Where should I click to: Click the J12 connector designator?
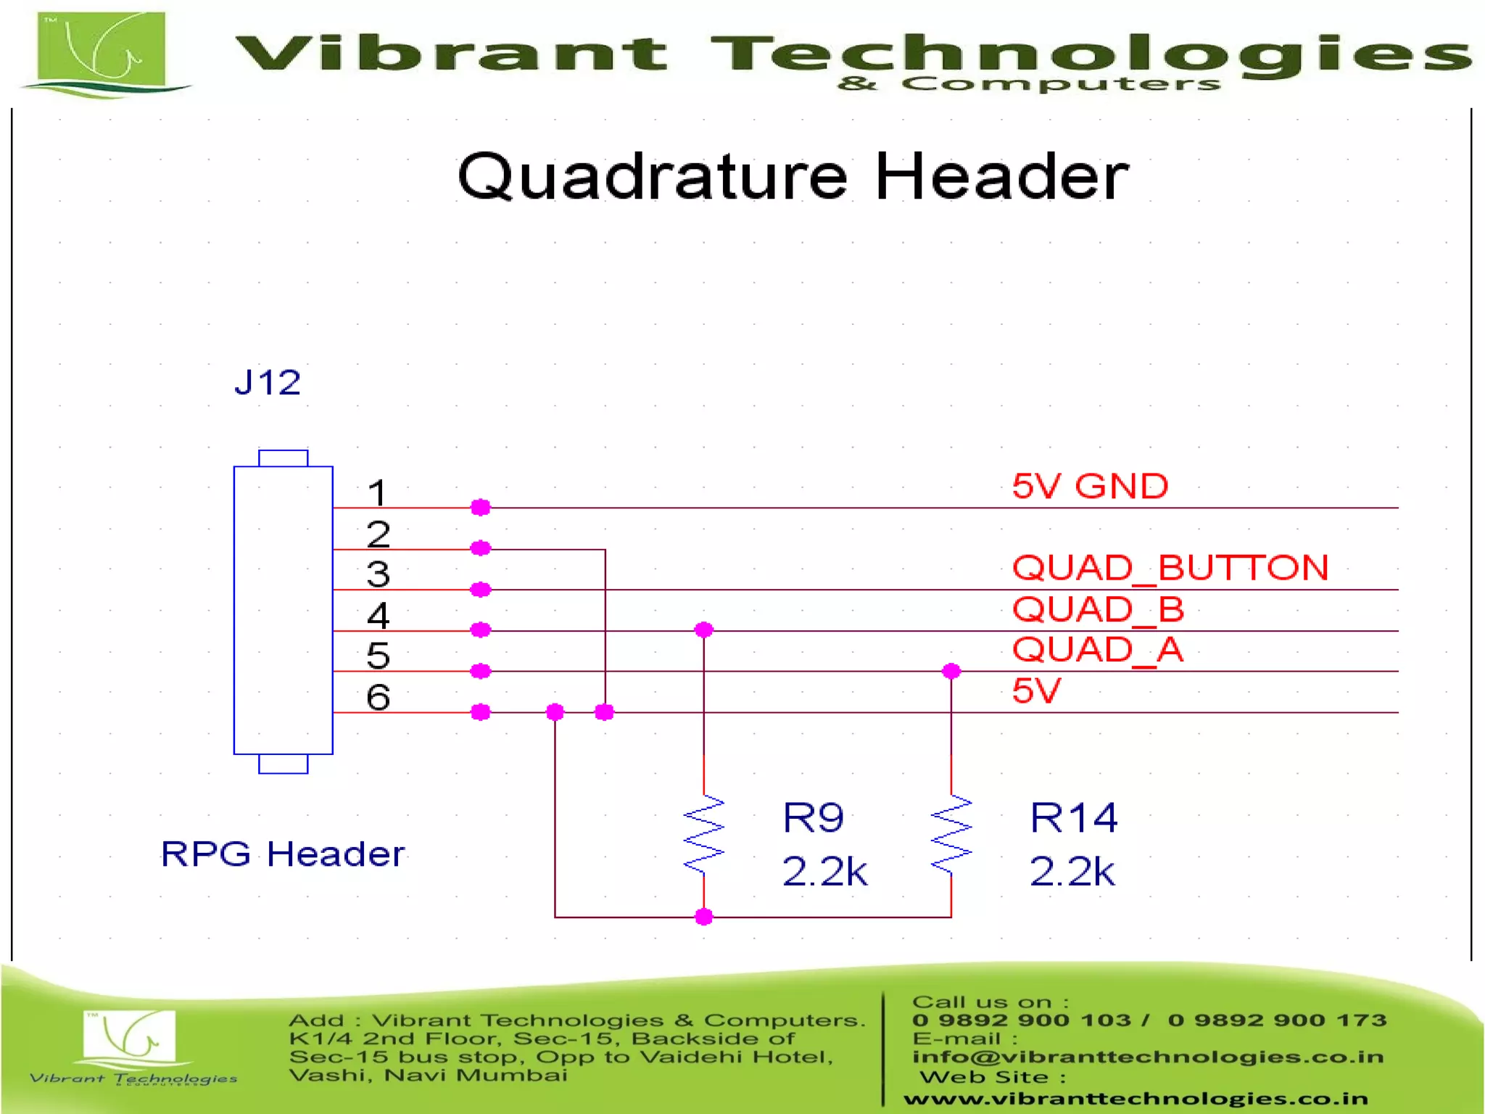[x=268, y=382]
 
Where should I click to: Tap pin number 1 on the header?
[x=377, y=493]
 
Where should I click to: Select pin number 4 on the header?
[x=378, y=616]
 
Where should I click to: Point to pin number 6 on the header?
[x=378, y=697]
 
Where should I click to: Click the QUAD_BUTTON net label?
[x=1170, y=567]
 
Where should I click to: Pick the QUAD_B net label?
[x=1098, y=608]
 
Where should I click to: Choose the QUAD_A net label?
[x=1097, y=649]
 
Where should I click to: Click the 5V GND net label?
[x=1090, y=486]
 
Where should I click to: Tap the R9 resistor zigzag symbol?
[x=703, y=834]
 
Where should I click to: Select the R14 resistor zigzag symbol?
[x=951, y=834]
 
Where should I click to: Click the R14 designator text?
[x=1073, y=818]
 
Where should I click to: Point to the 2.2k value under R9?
[x=824, y=871]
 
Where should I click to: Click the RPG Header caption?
[x=282, y=854]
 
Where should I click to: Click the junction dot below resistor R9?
[x=703, y=917]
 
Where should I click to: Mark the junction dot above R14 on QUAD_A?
[x=951, y=671]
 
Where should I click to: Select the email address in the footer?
[x=1148, y=1057]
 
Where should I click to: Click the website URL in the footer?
[x=1136, y=1099]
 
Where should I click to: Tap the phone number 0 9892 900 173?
[x=1277, y=1020]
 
